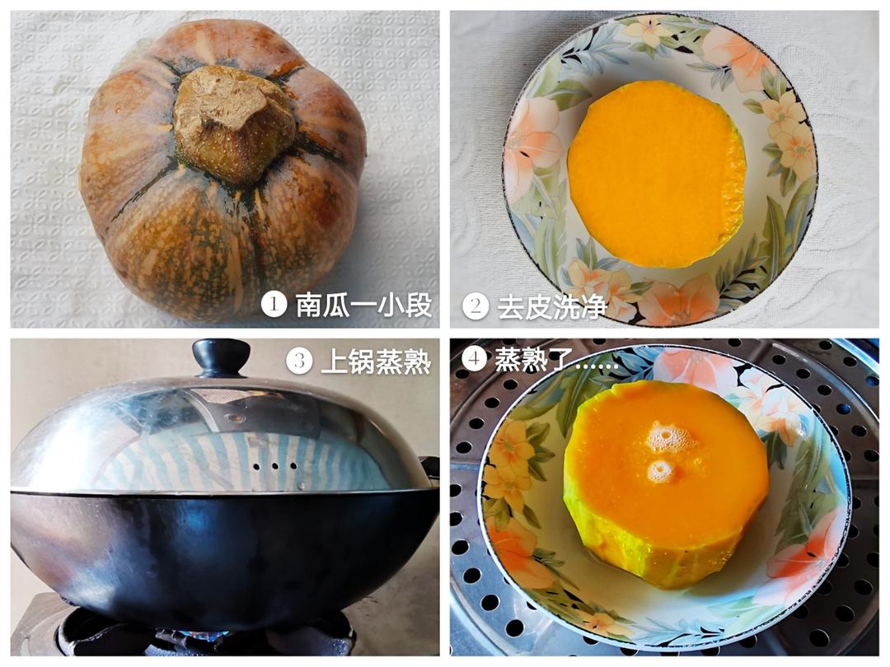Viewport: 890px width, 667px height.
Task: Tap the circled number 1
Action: click(x=274, y=305)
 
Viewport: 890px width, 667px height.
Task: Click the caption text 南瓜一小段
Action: click(x=363, y=305)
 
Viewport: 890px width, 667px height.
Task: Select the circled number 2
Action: click(x=475, y=306)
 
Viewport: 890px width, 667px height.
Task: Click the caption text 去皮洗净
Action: click(x=551, y=306)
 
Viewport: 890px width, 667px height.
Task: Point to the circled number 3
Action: click(x=299, y=361)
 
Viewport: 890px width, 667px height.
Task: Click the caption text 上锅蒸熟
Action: click(x=376, y=361)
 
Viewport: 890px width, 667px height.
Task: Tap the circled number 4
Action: click(x=473, y=358)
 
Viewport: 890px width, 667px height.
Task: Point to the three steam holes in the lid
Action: click(x=266, y=465)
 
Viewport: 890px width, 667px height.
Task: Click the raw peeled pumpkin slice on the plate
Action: click(x=656, y=173)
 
